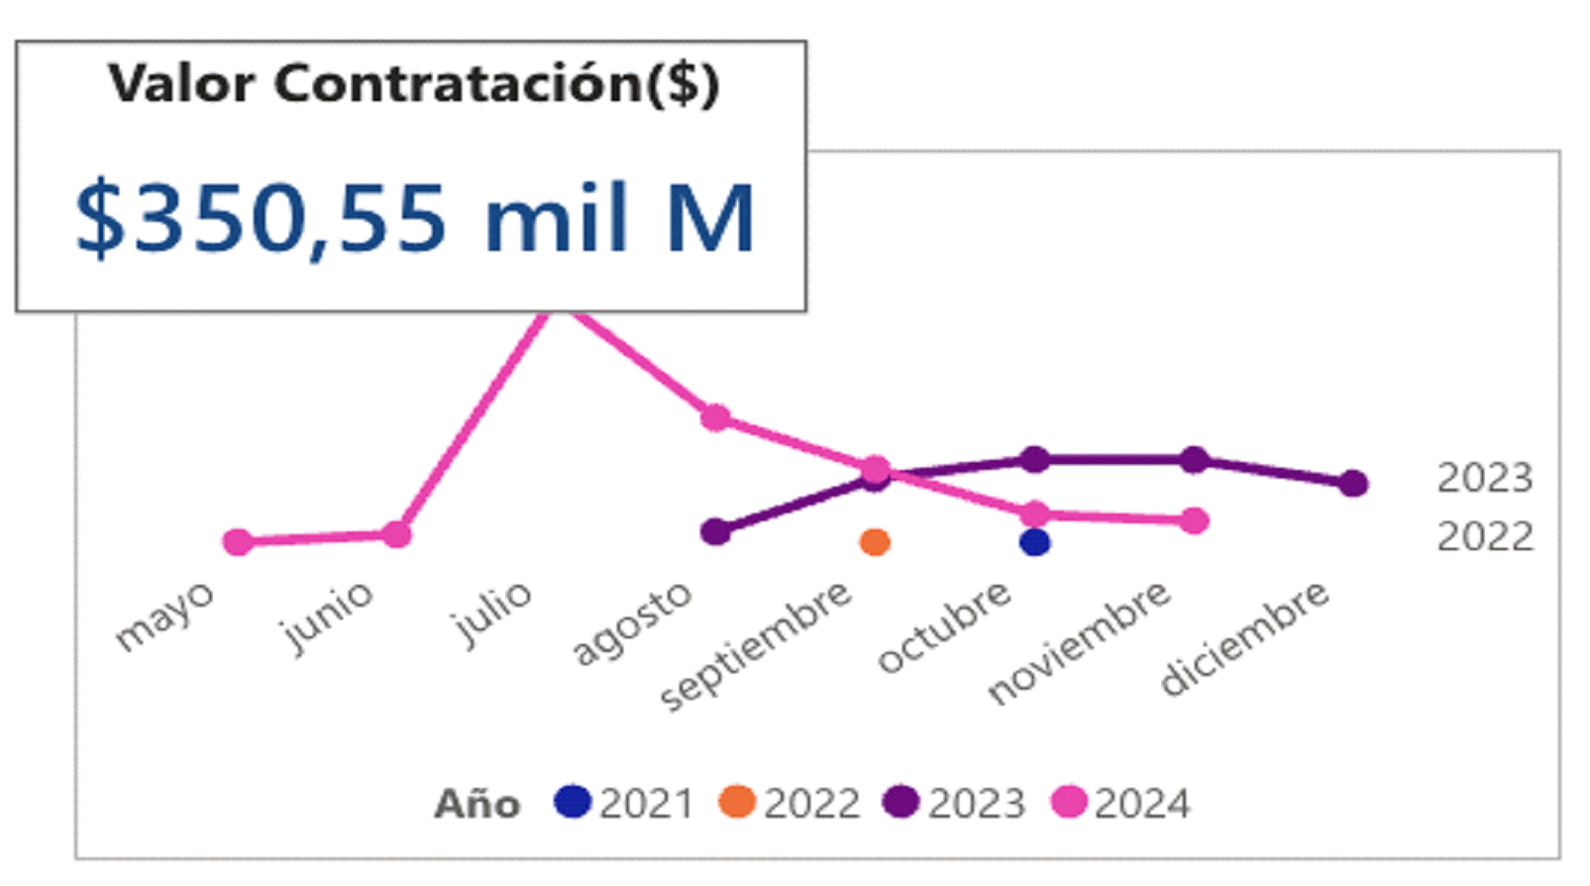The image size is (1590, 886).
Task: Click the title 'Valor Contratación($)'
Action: pos(413,83)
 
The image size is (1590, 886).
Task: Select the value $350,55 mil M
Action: pos(415,218)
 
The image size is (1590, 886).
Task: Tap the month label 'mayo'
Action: pos(164,615)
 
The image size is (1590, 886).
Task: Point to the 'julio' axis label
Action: pos(491,613)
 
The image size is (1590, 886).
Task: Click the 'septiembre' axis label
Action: pos(756,645)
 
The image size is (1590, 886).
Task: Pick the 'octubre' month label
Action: pos(944,626)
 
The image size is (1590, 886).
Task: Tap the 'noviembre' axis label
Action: pos(1079,642)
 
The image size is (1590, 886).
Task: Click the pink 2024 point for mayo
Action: pos(238,542)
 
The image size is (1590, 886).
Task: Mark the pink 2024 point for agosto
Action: pos(715,417)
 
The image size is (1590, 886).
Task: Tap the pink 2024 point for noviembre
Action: pos(1195,520)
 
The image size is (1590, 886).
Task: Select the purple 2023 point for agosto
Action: pos(715,532)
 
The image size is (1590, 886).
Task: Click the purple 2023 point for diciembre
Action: pos(1354,484)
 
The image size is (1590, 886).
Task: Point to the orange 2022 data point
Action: pos(875,542)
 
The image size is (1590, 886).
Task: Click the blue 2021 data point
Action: pos(1034,542)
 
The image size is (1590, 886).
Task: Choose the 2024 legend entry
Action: pos(1122,803)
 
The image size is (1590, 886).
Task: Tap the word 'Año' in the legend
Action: pos(477,804)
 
